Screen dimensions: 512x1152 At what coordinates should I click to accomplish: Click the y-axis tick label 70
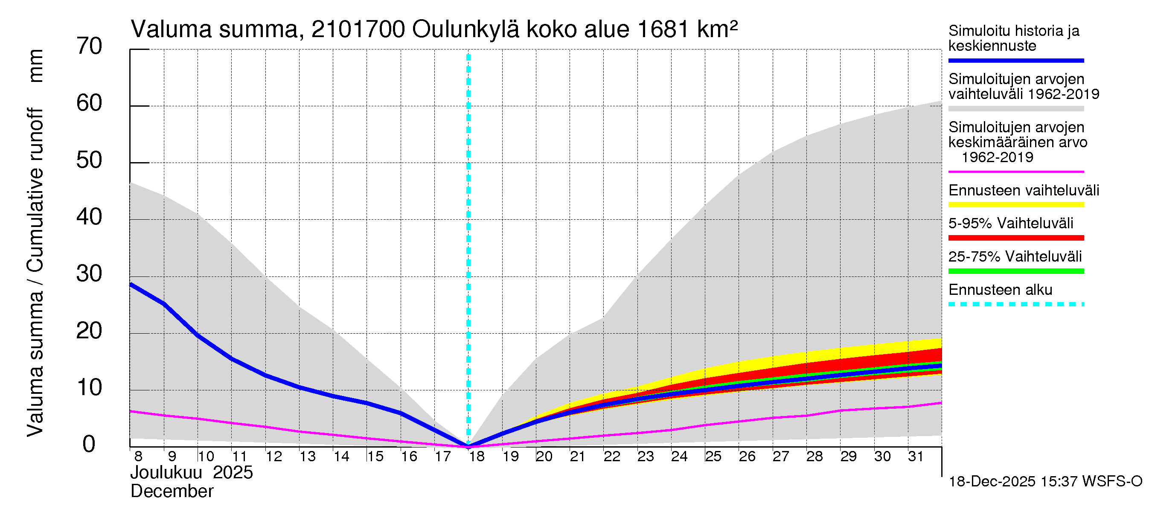click(x=89, y=47)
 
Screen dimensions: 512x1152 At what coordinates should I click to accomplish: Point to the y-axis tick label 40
click(x=89, y=217)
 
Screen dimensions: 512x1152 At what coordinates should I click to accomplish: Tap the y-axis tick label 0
click(x=89, y=445)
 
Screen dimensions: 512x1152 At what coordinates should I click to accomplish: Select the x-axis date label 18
click(x=477, y=457)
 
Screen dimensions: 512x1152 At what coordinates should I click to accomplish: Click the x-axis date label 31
click(x=916, y=457)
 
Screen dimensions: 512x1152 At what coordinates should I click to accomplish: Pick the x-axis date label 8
click(x=138, y=457)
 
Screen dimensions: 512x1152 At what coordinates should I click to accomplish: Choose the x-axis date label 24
click(x=679, y=457)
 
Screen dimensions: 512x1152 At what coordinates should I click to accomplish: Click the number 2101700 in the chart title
click(x=358, y=29)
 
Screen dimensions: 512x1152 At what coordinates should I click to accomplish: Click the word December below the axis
click(x=172, y=492)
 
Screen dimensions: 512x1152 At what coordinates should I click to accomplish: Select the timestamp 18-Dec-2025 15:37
click(x=1013, y=482)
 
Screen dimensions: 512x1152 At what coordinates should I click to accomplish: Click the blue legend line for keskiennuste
click(x=1015, y=60)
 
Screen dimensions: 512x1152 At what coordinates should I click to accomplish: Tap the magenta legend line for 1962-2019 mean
click(x=1015, y=172)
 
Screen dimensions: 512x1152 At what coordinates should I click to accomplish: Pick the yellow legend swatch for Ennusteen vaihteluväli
click(x=1015, y=205)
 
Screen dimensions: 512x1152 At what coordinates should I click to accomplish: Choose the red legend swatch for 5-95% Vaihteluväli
click(x=1015, y=238)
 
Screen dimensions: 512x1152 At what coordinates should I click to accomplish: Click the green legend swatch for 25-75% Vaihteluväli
click(x=1015, y=271)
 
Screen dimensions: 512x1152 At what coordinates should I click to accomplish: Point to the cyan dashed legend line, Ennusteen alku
click(x=1015, y=305)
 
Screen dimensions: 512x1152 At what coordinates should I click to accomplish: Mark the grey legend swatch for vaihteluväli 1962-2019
click(x=1015, y=109)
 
